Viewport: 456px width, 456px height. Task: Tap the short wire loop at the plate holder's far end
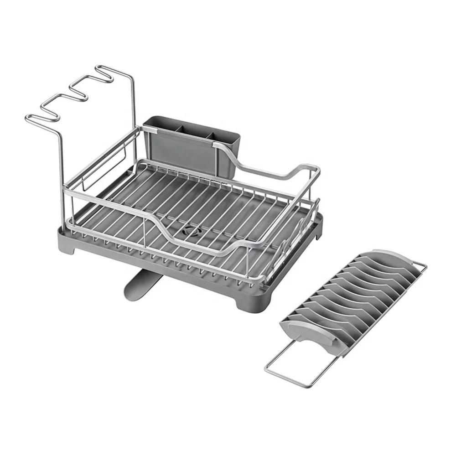click(420, 268)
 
